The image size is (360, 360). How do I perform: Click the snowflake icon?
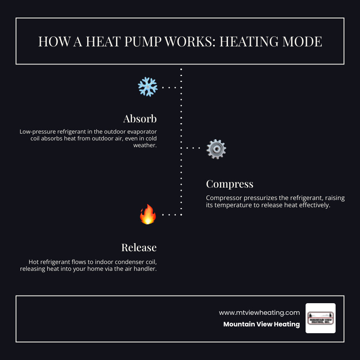pyautogui.click(x=148, y=87)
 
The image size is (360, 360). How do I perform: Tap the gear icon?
pyautogui.click(x=216, y=149)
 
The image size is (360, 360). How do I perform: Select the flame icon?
pyautogui.click(x=148, y=214)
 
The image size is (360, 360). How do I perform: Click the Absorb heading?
pyautogui.click(x=140, y=119)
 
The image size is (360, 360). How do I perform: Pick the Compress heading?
pyautogui.click(x=230, y=184)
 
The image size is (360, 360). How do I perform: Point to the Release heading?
pyautogui.click(x=139, y=248)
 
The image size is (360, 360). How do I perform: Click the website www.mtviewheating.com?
pyautogui.click(x=259, y=312)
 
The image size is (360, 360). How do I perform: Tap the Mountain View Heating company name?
pyautogui.click(x=261, y=324)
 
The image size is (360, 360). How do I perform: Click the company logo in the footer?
pyautogui.click(x=320, y=318)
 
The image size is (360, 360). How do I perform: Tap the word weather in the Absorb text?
pyautogui.click(x=144, y=146)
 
